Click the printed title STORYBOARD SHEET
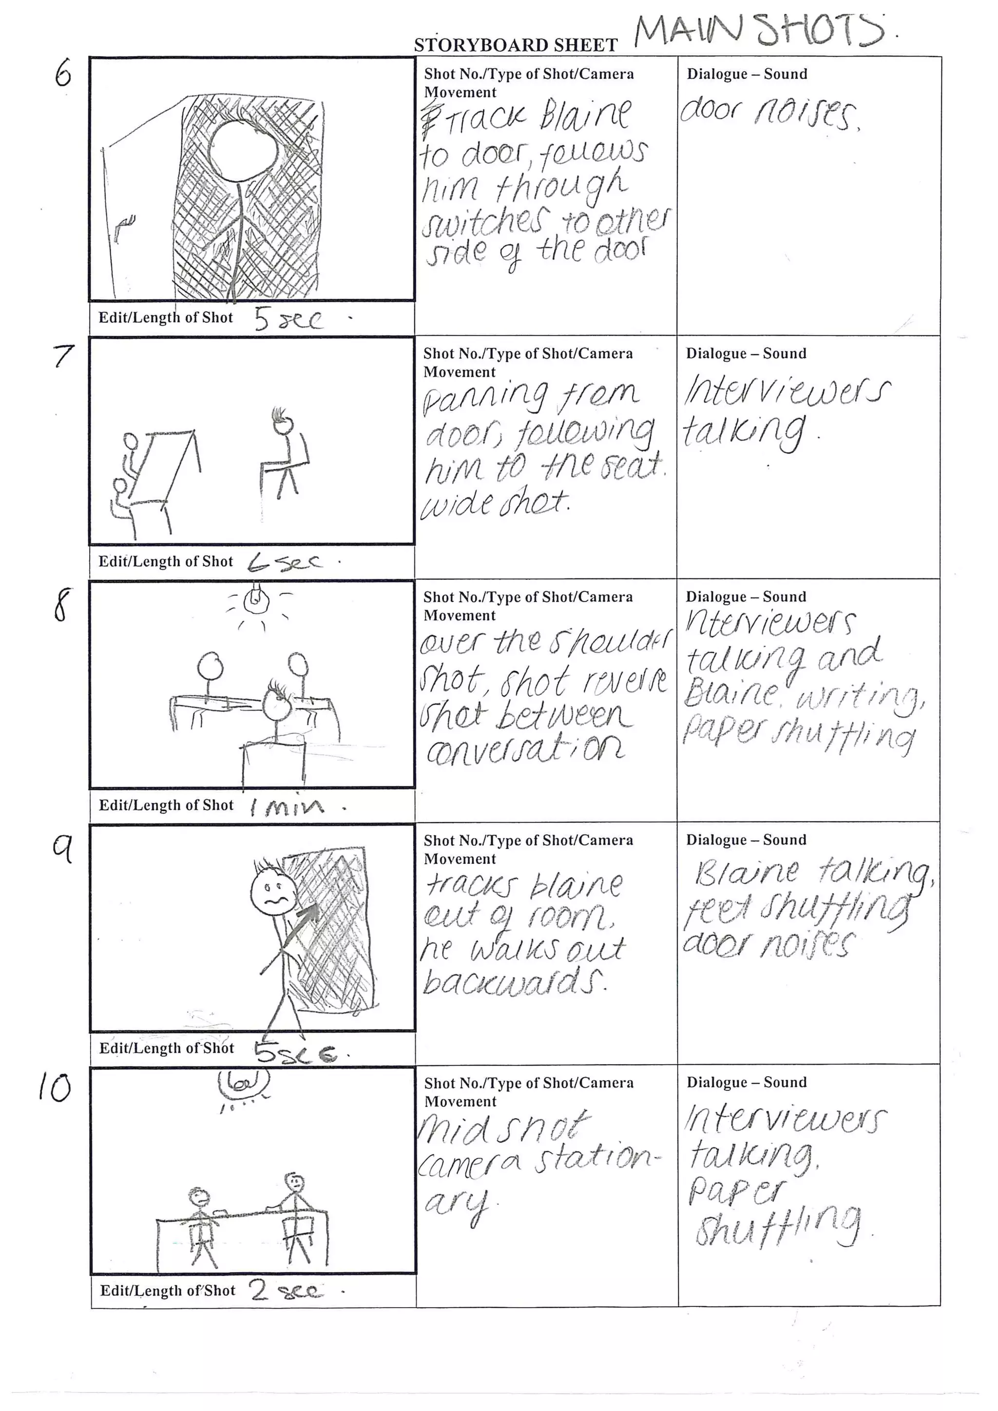[x=515, y=45]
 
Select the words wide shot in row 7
[x=495, y=504]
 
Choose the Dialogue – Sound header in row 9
[x=746, y=840]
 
